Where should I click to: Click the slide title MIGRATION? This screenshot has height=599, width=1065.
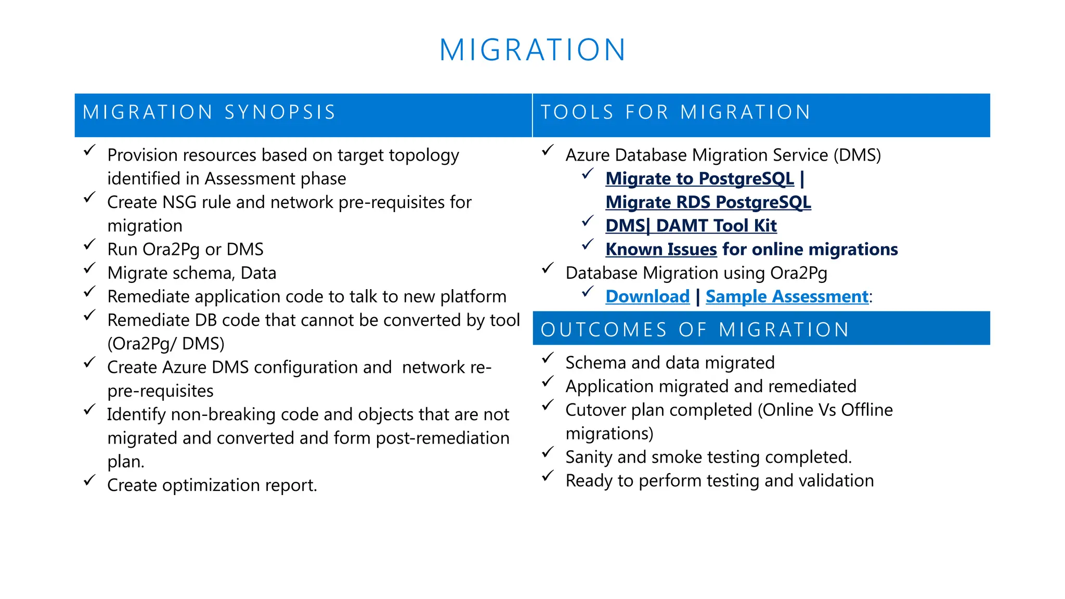click(x=532, y=50)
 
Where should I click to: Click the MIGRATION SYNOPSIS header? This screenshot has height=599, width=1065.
click(x=209, y=113)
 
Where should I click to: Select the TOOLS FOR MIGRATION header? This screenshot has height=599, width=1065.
click(x=676, y=113)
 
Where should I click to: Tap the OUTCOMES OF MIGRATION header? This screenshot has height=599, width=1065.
click(x=695, y=330)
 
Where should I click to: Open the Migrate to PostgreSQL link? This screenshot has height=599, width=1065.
click(x=699, y=179)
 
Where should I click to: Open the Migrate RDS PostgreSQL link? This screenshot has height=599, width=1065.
click(x=708, y=202)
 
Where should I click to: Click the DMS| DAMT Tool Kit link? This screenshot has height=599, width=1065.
click(x=691, y=226)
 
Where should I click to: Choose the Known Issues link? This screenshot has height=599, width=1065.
click(x=661, y=250)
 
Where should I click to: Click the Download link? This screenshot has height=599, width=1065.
click(x=647, y=297)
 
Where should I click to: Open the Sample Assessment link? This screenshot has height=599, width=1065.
click(x=787, y=297)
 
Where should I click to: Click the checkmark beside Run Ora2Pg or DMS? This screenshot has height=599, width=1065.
click(x=89, y=244)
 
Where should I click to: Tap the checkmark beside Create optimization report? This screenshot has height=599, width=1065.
click(x=89, y=480)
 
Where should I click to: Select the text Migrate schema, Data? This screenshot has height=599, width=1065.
click(x=191, y=274)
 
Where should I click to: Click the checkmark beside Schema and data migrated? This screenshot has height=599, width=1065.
click(x=548, y=358)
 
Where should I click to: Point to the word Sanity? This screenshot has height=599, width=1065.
click(x=589, y=458)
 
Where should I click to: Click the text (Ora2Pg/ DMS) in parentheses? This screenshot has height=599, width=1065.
click(x=165, y=344)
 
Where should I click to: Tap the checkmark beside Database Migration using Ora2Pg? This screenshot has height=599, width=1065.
click(x=548, y=268)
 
